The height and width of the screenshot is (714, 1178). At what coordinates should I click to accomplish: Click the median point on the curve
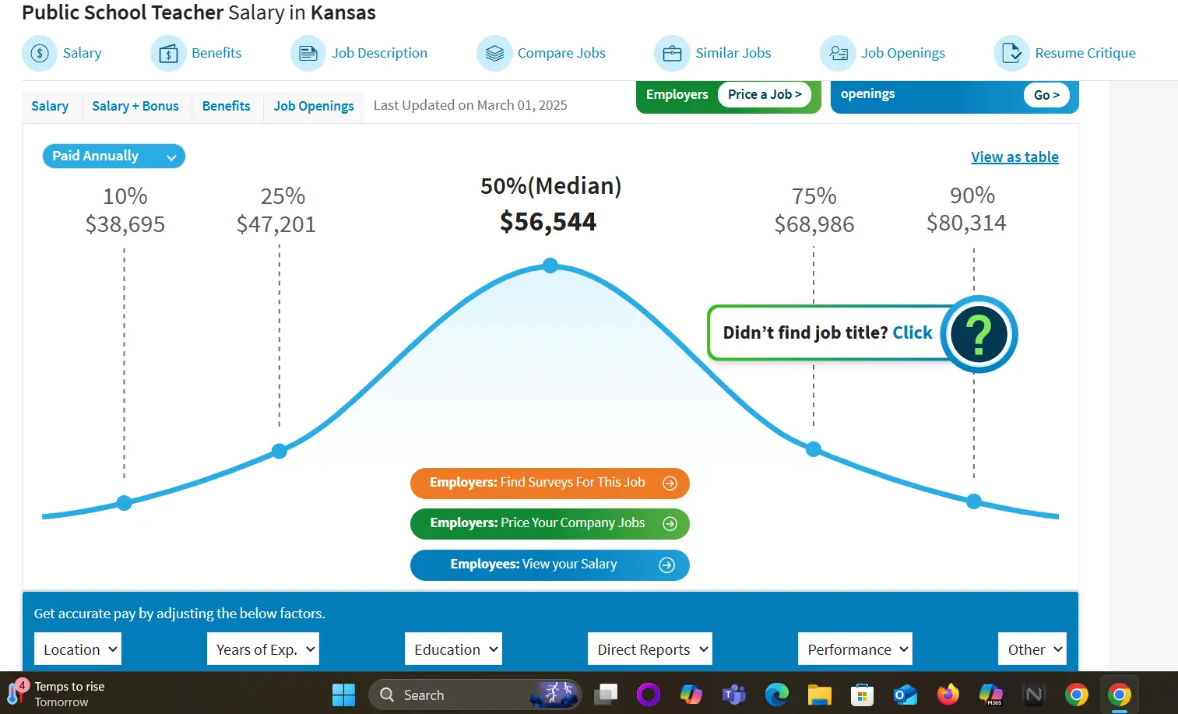[x=550, y=266]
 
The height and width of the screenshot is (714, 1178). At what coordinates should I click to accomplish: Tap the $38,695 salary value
[x=125, y=224]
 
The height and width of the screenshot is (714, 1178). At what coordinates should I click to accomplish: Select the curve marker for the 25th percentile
[x=280, y=451]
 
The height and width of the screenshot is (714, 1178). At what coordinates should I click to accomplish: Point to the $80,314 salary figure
[x=965, y=223]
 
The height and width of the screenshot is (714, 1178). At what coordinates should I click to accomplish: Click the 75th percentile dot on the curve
[x=814, y=449]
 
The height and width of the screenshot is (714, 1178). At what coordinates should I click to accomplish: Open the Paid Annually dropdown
[x=114, y=157]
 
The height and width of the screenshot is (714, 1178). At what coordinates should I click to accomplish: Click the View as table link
[x=1014, y=157]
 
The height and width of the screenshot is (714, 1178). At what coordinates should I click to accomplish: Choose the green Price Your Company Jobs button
[x=550, y=523]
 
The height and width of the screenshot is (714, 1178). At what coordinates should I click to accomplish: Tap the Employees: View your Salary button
[x=550, y=565]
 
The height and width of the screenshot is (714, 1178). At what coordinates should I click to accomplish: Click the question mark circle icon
[x=979, y=334]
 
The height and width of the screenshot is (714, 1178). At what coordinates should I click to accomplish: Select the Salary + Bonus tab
[x=135, y=106]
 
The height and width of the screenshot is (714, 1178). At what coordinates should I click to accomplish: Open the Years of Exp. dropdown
[x=263, y=649]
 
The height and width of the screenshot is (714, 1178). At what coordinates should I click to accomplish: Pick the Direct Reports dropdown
[x=650, y=649]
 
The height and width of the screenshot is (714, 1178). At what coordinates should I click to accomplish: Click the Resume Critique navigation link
[x=1084, y=53]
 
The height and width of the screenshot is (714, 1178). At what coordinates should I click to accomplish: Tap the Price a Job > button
[x=765, y=94]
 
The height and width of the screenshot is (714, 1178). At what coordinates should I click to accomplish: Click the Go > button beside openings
[x=1046, y=95]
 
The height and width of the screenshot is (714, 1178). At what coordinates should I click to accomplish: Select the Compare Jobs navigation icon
[x=494, y=53]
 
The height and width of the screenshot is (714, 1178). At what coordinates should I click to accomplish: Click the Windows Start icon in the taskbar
[x=343, y=695]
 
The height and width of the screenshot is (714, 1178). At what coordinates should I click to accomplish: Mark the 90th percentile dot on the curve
[x=974, y=501]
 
